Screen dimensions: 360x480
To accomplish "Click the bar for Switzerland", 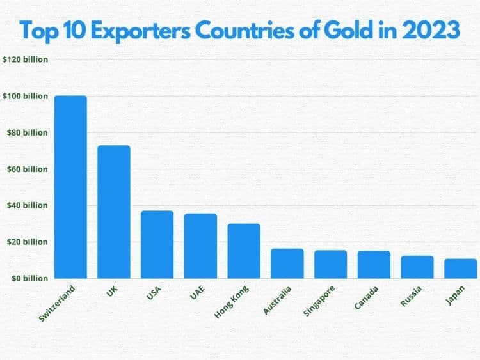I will pyautogui.click(x=70, y=187).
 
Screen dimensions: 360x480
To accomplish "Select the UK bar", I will pyautogui.click(x=114, y=212).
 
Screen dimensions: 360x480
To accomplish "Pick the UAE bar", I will pyautogui.click(x=200, y=246).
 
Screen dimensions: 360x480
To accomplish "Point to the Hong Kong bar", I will pyautogui.click(x=244, y=251).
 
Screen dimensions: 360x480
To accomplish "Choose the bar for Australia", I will pyautogui.click(x=287, y=263).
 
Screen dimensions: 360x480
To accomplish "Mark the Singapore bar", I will pyautogui.click(x=330, y=263).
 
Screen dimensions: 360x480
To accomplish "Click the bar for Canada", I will pyautogui.click(x=374, y=264).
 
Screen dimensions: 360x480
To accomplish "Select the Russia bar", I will pyautogui.click(x=417, y=267).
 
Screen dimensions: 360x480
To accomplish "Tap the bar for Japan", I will pyautogui.click(x=461, y=268).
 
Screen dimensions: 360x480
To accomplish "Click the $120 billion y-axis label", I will pyautogui.click(x=26, y=59).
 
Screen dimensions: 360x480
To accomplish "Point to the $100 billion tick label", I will pyautogui.click(x=26, y=96).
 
